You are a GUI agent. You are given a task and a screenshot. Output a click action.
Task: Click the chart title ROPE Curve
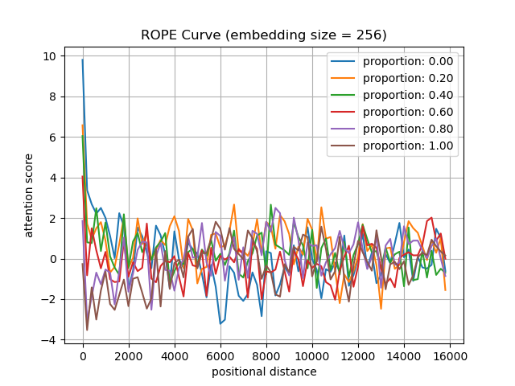[x=264, y=35]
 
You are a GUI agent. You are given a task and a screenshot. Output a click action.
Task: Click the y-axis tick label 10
[x=49, y=56]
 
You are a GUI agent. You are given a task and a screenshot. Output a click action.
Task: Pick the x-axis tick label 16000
[x=448, y=355]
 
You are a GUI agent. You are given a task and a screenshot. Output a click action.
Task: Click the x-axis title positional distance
[x=264, y=372]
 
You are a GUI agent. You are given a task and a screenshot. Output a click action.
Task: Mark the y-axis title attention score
[x=30, y=195]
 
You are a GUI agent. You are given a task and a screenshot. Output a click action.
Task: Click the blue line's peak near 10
[x=82, y=60]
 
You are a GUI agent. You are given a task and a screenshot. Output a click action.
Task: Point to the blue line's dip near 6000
[x=220, y=323]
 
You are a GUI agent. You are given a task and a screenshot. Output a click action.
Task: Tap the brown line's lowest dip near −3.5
[x=87, y=330]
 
